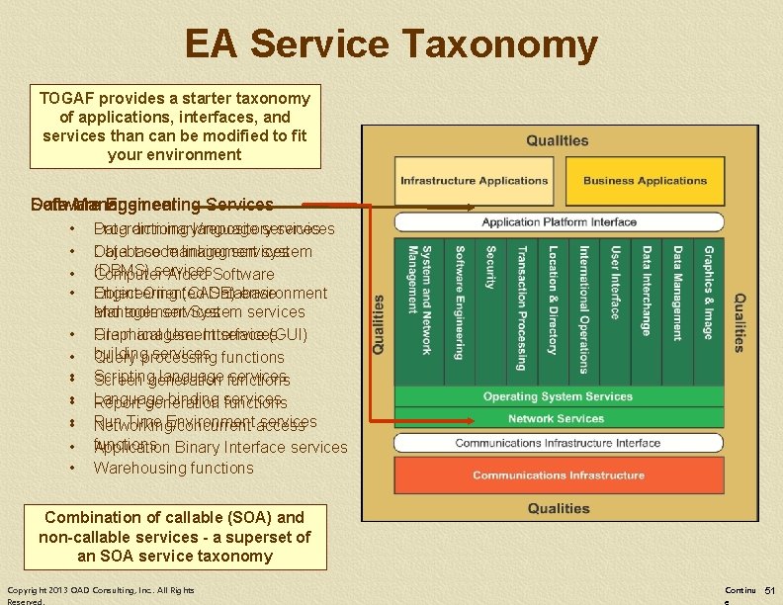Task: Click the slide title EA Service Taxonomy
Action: pos(391,45)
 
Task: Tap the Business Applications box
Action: pos(645,181)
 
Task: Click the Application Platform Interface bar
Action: pos(558,221)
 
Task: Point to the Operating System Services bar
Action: pos(558,396)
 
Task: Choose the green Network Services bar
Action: pos(558,418)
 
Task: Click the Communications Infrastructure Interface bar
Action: pos(558,443)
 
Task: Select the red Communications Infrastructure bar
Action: pos(558,475)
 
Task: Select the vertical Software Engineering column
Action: pos(461,302)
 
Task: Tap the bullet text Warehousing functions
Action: pos(173,468)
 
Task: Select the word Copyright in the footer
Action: pos(32,590)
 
